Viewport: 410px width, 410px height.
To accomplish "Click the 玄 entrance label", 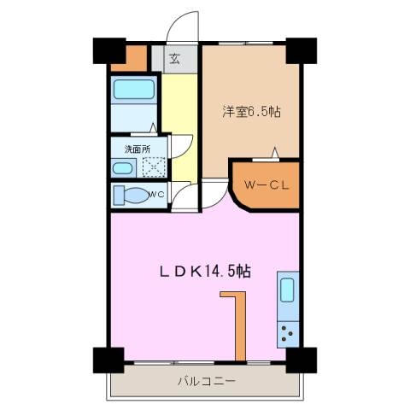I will [x=173, y=59].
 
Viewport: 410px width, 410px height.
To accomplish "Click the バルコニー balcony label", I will [x=206, y=380].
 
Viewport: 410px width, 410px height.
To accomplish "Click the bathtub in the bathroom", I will [x=133, y=89].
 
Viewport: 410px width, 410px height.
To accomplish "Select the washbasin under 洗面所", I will [x=125, y=167].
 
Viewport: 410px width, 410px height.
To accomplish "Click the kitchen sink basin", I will [x=288, y=293].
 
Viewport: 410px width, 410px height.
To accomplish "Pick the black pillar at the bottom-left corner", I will [x=102, y=359].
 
